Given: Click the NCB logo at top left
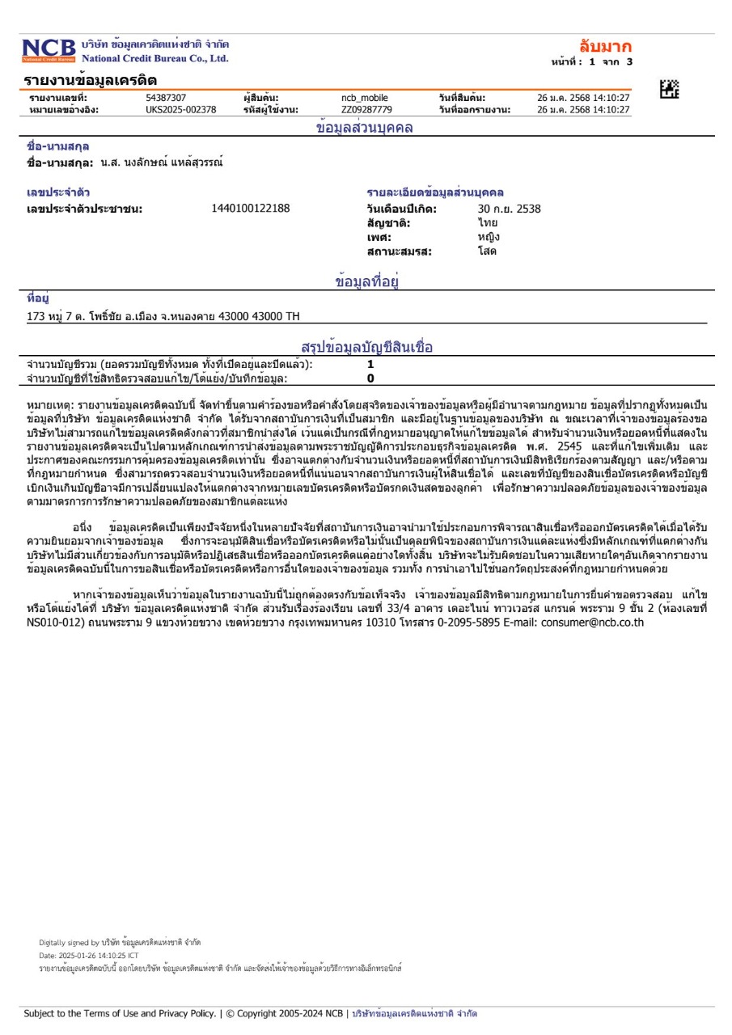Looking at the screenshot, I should (x=49, y=50).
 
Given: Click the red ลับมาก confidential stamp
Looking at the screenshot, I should (x=605, y=46).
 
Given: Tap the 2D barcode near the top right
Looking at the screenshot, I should (x=669, y=90).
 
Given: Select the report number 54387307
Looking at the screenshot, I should (x=166, y=98).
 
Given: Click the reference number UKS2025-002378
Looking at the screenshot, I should (x=180, y=110).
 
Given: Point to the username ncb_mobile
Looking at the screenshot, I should (x=364, y=98).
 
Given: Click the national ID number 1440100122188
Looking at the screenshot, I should (x=250, y=209).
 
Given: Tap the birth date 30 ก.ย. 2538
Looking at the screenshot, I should (x=509, y=209).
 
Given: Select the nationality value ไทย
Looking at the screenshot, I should (x=487, y=223).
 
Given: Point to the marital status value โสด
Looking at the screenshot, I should (x=487, y=251).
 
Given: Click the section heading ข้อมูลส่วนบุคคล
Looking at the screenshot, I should (x=364, y=128).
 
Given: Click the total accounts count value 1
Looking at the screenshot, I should (x=370, y=365).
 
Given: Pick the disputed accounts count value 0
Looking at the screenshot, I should (x=370, y=378).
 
